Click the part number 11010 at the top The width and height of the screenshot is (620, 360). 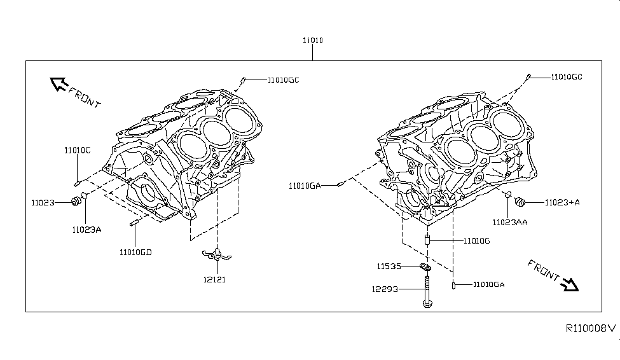pyautogui.click(x=313, y=40)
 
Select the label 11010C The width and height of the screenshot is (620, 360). pyautogui.click(x=78, y=150)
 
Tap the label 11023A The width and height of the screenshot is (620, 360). pyautogui.click(x=86, y=230)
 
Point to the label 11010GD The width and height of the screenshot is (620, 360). pyautogui.click(x=135, y=253)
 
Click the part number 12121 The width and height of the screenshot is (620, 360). pyautogui.click(x=215, y=280)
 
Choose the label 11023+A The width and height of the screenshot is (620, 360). pyautogui.click(x=562, y=202)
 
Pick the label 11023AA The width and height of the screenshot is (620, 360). pyautogui.click(x=510, y=223)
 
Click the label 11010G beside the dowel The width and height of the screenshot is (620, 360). pyautogui.click(x=477, y=241)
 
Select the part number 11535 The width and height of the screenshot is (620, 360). pyautogui.click(x=389, y=267)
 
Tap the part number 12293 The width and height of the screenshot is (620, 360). pyautogui.click(x=385, y=289)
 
